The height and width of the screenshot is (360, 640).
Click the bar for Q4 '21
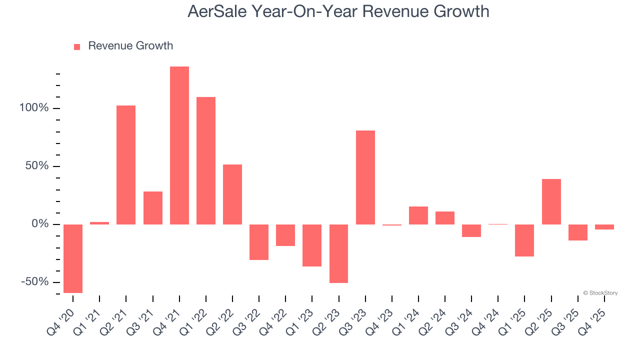point(179,145)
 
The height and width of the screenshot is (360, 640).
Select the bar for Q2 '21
point(126,164)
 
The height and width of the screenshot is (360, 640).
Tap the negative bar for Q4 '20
point(73,258)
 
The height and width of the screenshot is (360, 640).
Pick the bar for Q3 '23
point(365,177)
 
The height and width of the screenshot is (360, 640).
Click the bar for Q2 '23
point(339,253)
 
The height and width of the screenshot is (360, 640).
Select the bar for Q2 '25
point(551,201)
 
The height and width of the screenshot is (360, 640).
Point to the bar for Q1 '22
point(206,160)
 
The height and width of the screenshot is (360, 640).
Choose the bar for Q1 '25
point(525,240)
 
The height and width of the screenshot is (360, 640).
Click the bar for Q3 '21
point(153,207)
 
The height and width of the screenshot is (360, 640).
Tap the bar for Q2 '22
point(232,194)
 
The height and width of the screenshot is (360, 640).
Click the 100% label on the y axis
point(34,108)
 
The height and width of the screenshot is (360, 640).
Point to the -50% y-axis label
point(34,282)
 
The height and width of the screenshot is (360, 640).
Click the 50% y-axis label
point(37,166)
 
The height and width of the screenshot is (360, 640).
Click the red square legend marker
point(77,46)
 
